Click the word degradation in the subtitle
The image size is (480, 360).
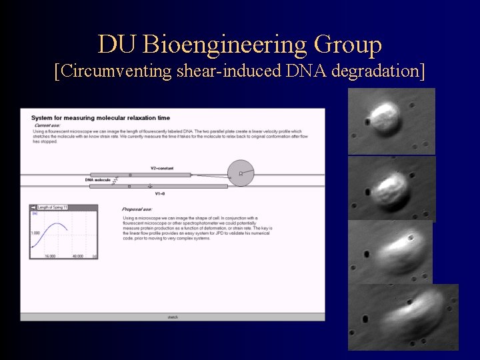[x=375, y=71]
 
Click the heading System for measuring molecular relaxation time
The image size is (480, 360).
[x=101, y=118]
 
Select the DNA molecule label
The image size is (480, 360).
[x=98, y=180]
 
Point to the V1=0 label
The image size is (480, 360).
[x=159, y=193]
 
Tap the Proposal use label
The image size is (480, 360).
[x=137, y=209]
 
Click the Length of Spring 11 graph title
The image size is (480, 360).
[x=53, y=207]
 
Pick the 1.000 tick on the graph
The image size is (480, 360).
[x=35, y=233]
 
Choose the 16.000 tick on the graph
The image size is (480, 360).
[x=50, y=256]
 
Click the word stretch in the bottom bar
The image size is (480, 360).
[x=172, y=317]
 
